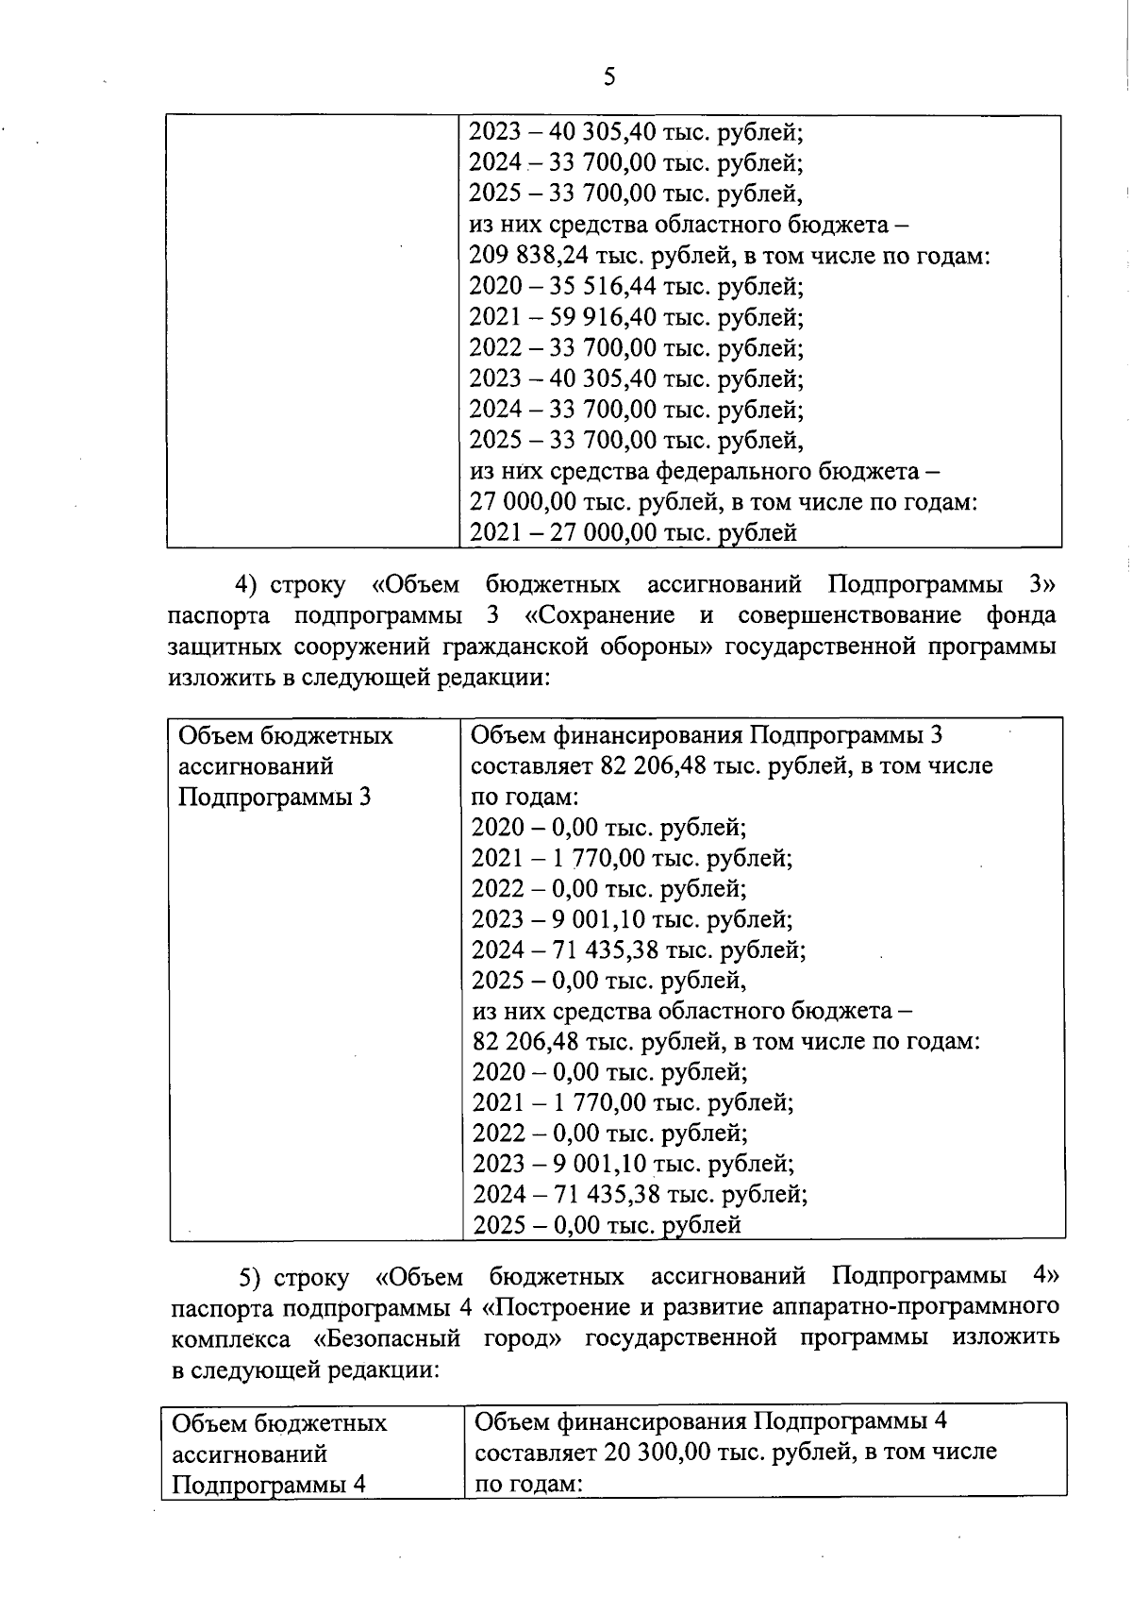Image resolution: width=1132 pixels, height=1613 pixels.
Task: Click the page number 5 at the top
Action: pyautogui.click(x=609, y=76)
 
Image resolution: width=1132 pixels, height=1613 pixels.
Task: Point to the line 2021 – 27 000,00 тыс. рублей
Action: pyautogui.click(x=633, y=533)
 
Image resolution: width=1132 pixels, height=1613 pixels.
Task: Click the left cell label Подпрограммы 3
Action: pyautogui.click(x=274, y=798)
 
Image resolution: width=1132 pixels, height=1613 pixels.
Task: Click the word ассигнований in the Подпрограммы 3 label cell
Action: pyautogui.click(x=255, y=766)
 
